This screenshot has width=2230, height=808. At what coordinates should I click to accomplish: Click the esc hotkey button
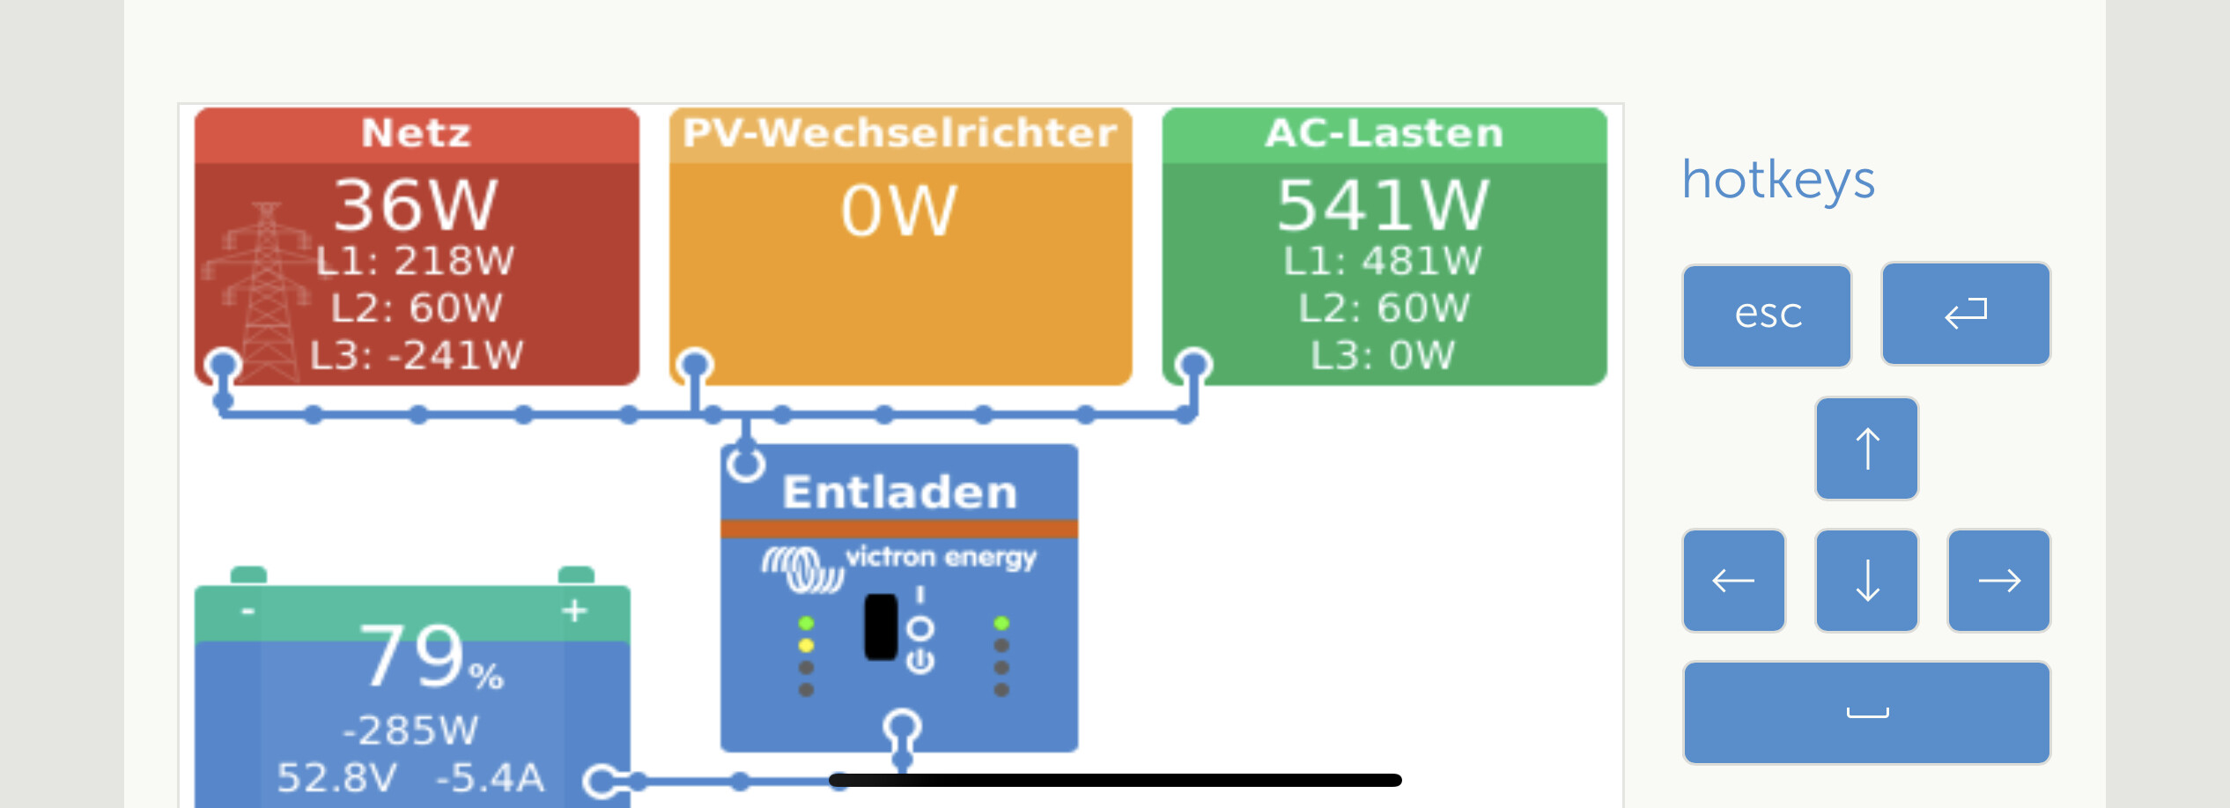(1767, 315)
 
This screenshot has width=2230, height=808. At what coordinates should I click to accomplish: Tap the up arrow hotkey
(1866, 448)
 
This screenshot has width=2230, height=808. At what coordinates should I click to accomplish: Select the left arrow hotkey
(1733, 581)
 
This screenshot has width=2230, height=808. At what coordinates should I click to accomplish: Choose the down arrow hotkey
(1866, 581)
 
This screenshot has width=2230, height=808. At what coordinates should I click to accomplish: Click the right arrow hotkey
(1998, 581)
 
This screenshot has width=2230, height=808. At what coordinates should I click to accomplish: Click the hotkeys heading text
(1778, 180)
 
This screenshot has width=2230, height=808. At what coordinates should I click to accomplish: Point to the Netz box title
(417, 134)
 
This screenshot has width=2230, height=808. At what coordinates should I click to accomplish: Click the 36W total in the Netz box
(416, 205)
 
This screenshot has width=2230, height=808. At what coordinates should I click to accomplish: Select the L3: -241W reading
(417, 355)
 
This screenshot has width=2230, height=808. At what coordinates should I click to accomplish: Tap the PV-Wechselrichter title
(899, 134)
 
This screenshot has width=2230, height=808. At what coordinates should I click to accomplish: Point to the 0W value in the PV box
(898, 211)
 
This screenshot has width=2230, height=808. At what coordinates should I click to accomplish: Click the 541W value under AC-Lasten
(1383, 205)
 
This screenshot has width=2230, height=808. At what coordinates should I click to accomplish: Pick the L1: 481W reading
(1383, 261)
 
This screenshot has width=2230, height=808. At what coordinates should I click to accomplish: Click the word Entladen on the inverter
(899, 492)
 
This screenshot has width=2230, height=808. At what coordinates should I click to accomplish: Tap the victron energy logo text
(940, 558)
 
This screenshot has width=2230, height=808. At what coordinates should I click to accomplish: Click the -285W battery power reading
(410, 730)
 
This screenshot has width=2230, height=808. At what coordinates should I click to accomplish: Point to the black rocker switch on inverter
(881, 626)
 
